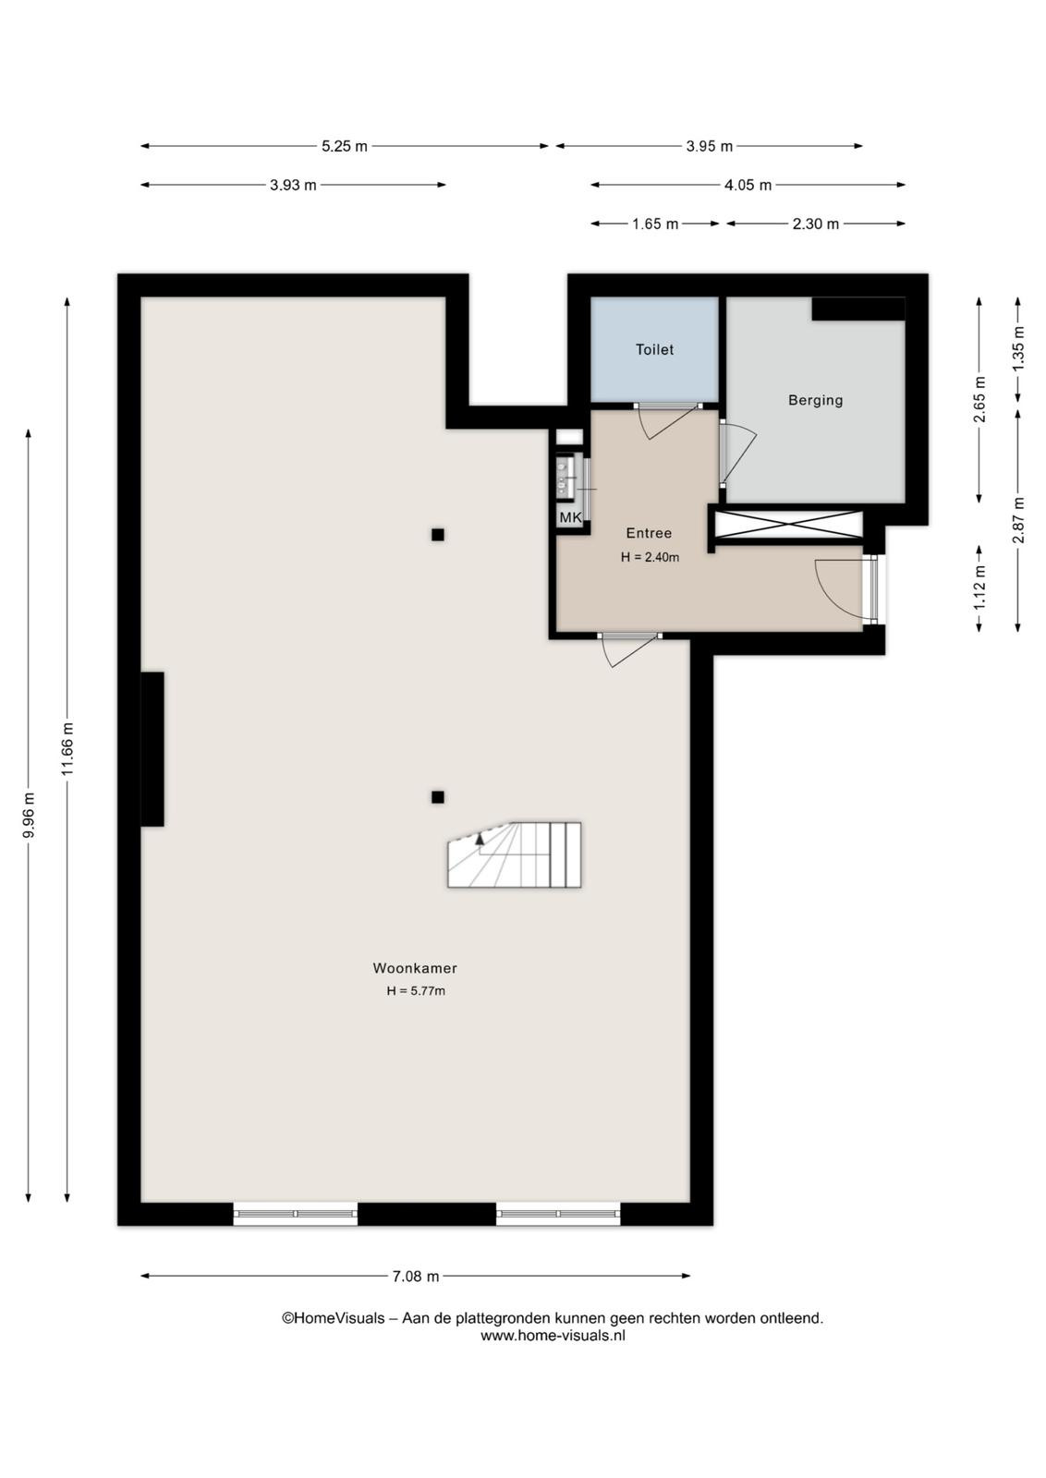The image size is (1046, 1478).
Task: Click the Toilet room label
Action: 654,350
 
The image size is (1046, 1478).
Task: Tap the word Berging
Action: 815,401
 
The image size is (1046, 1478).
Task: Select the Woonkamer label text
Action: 415,968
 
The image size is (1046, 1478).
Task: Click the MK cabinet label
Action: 570,518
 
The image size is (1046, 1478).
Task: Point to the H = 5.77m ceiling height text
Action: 416,990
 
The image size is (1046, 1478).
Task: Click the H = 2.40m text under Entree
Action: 650,557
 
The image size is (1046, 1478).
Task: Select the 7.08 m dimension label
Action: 416,1276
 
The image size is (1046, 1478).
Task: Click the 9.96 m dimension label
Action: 29,815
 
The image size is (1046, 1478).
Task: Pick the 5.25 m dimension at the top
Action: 345,147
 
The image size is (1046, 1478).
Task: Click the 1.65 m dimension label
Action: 655,224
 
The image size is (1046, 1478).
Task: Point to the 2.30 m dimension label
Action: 816,224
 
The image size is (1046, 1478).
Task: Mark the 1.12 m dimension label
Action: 979,588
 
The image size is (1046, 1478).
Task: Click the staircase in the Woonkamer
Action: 515,854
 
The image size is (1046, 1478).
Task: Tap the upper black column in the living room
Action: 438,535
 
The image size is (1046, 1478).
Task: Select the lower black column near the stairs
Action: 438,797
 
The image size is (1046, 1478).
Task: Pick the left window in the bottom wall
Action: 295,1214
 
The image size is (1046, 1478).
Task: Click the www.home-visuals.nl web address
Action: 553,1336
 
